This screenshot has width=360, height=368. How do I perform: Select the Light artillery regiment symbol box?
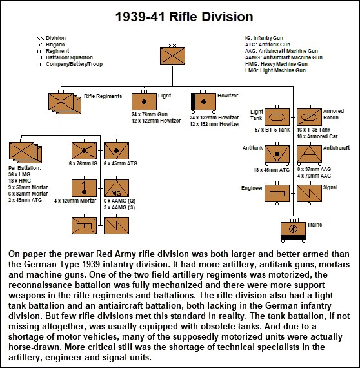click(144, 101)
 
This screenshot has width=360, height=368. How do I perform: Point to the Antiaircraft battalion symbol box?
click(310, 155)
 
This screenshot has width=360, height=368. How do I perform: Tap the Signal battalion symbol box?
click(310, 192)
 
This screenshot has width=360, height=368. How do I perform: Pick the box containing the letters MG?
click(116, 189)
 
